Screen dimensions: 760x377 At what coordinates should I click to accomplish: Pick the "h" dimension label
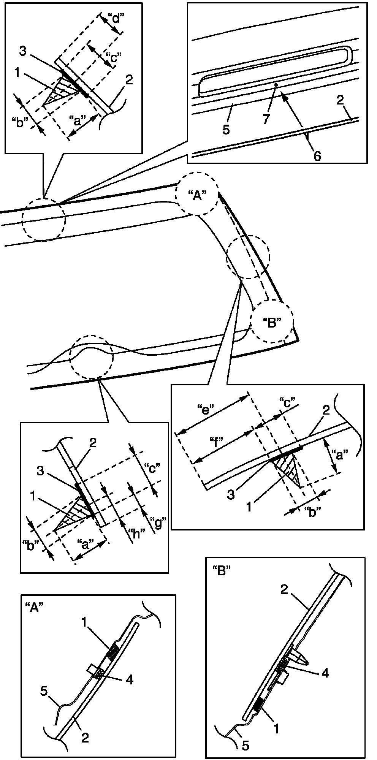(x=135, y=534)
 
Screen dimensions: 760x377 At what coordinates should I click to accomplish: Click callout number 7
(x=266, y=119)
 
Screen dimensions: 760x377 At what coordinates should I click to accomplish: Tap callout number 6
(x=317, y=155)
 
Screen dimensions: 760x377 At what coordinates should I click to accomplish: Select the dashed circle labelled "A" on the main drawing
(x=197, y=195)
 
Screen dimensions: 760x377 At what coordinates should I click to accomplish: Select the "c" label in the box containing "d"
(x=114, y=57)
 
